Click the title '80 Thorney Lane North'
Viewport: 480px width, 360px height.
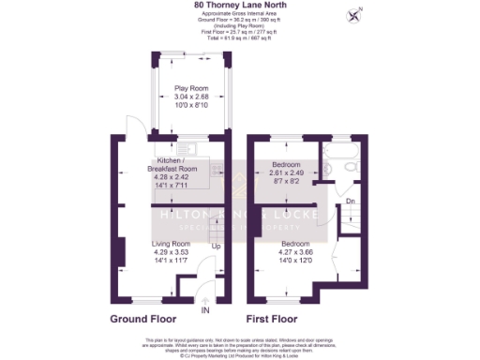(239, 5)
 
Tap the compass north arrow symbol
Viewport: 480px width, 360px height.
(354, 14)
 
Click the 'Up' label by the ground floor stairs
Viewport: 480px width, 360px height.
(216, 247)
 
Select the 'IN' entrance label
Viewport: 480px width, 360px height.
(205, 310)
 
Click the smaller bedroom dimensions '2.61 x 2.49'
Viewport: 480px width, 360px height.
(278, 172)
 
